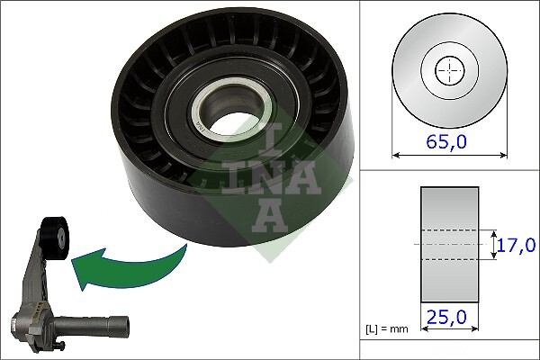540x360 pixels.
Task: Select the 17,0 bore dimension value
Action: tap(517, 244)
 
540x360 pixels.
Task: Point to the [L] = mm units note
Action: tap(386, 328)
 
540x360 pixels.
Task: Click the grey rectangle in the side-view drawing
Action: tap(448, 244)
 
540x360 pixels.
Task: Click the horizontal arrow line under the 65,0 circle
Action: tap(447, 154)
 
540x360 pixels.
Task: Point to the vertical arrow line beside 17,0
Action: tap(494, 244)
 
